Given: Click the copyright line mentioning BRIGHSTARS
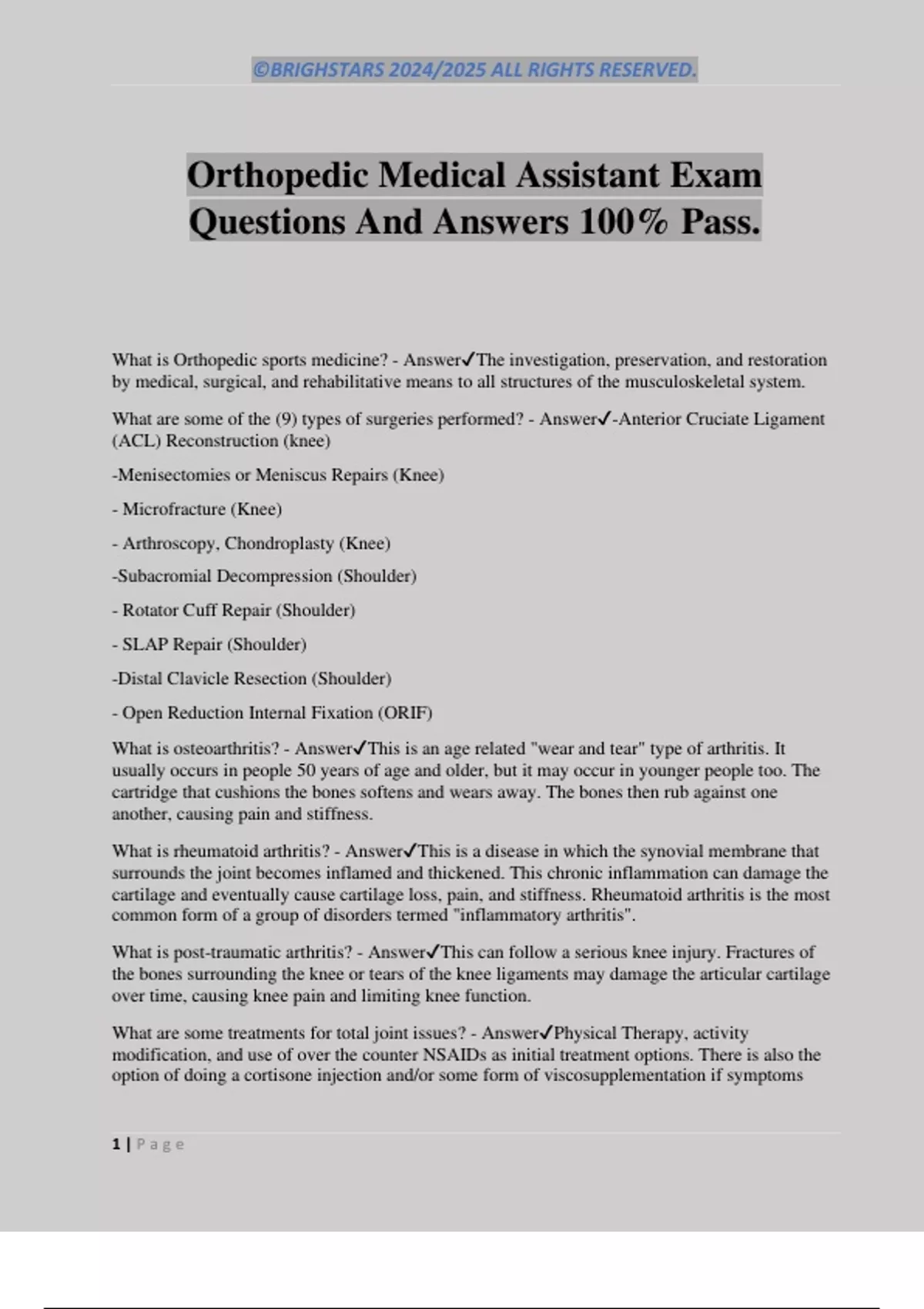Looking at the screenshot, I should (x=474, y=70).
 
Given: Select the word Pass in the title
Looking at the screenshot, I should (x=720, y=222).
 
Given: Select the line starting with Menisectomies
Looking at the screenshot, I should (x=278, y=475).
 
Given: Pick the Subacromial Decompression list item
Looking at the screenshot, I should (x=264, y=576).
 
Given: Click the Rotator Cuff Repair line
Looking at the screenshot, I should (x=233, y=611).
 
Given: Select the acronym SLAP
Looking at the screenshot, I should (x=145, y=644).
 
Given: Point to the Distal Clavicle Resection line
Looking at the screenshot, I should (x=252, y=678).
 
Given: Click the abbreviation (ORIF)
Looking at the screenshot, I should (x=405, y=713).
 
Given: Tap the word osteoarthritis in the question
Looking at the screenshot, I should (x=227, y=748).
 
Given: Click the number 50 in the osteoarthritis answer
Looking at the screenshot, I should (x=306, y=770).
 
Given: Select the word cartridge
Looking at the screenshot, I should (x=144, y=792).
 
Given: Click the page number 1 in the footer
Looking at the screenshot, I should (x=116, y=1144).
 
